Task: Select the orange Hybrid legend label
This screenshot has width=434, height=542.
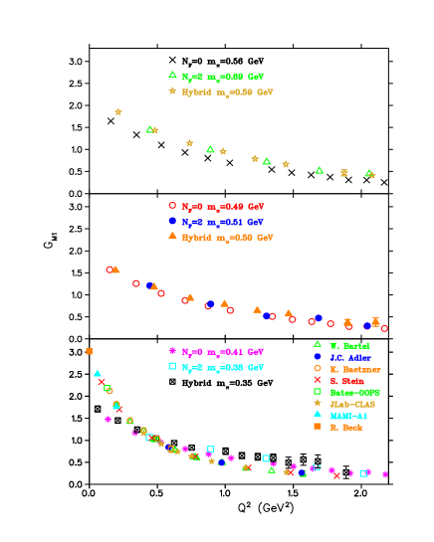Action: pos(227,238)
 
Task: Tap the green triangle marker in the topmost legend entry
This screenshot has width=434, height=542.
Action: pos(172,75)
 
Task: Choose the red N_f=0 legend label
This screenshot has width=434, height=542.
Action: pos(222,206)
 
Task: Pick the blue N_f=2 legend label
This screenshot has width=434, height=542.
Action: pos(222,222)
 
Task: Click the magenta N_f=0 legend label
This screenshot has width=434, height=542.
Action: pos(222,351)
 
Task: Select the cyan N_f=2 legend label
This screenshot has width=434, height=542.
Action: pos(222,367)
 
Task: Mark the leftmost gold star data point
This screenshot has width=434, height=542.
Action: pos(118,111)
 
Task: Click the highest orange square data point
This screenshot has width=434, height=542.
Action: pos(89,351)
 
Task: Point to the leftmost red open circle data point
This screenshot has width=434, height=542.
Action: pos(109,270)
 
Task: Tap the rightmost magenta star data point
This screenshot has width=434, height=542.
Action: pos(385,474)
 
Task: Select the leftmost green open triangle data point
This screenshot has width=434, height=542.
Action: pos(149,129)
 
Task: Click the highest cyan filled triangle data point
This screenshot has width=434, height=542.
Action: pos(98,374)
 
